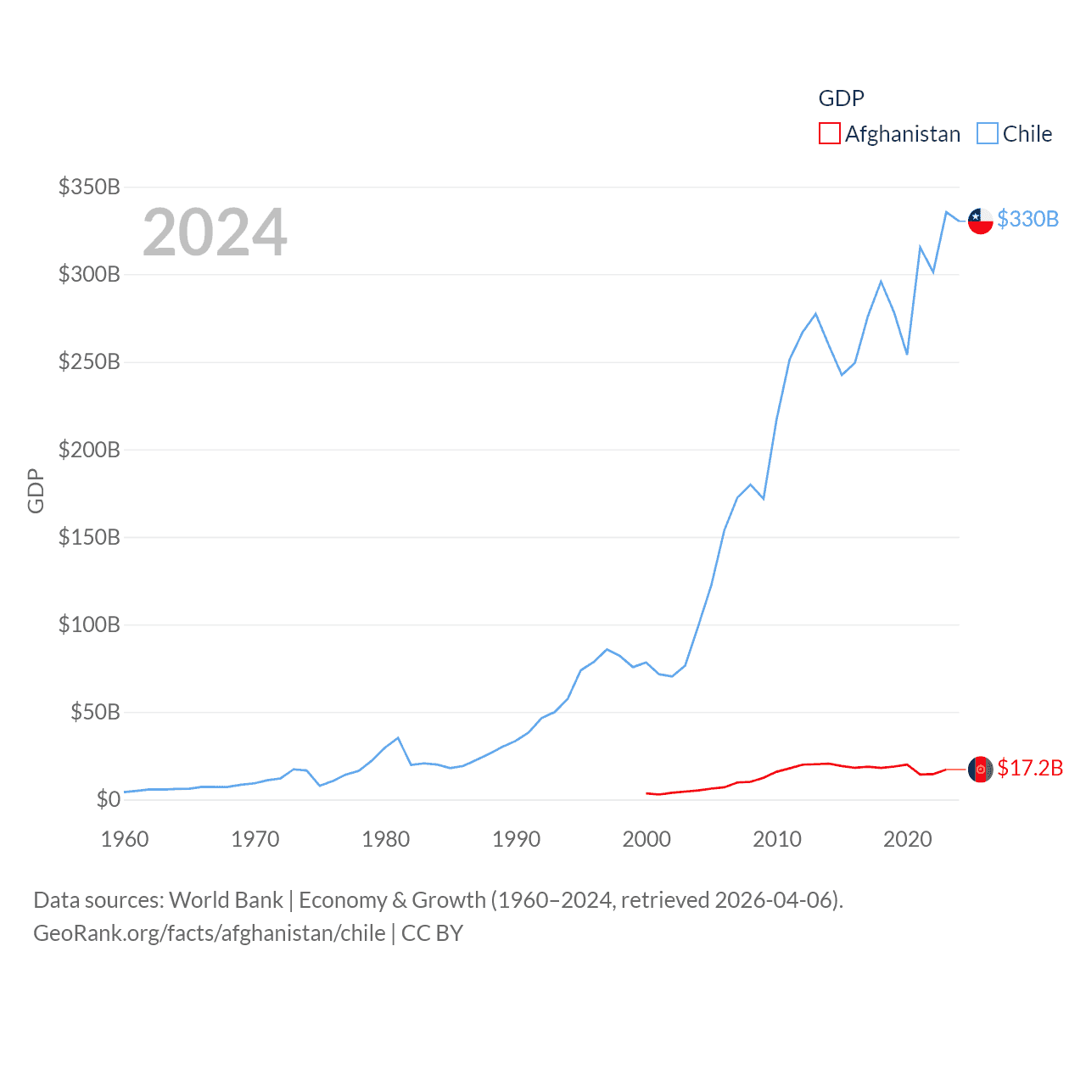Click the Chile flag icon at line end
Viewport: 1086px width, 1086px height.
pyautogui.click(x=980, y=221)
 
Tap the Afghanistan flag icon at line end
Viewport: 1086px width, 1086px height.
pyautogui.click(x=980, y=769)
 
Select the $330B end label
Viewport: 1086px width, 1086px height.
pyautogui.click(x=1027, y=219)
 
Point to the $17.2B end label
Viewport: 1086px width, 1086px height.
pyautogui.click(x=1030, y=768)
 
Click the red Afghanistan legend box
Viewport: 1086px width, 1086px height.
pyautogui.click(x=829, y=134)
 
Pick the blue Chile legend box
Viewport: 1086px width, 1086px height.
pyautogui.click(x=987, y=134)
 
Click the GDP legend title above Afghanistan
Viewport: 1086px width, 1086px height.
pyautogui.click(x=841, y=98)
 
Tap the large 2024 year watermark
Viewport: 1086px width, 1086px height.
pyautogui.click(x=215, y=232)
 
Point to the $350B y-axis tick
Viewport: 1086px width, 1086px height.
pyautogui.click(x=89, y=187)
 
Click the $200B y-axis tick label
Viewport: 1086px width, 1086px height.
pyautogui.click(x=89, y=450)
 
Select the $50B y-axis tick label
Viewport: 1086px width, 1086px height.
pyautogui.click(x=95, y=712)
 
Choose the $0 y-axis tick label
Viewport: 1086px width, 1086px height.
pyautogui.click(x=108, y=799)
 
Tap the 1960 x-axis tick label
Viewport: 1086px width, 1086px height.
pyautogui.click(x=125, y=839)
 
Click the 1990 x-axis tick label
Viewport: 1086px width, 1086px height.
pyautogui.click(x=516, y=839)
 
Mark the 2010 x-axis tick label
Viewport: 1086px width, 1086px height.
pyautogui.click(x=777, y=839)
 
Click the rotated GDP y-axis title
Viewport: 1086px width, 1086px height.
pyautogui.click(x=36, y=490)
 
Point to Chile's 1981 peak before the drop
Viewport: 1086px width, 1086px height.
pyautogui.click(x=398, y=738)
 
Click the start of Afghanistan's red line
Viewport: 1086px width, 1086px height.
pyautogui.click(x=647, y=793)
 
